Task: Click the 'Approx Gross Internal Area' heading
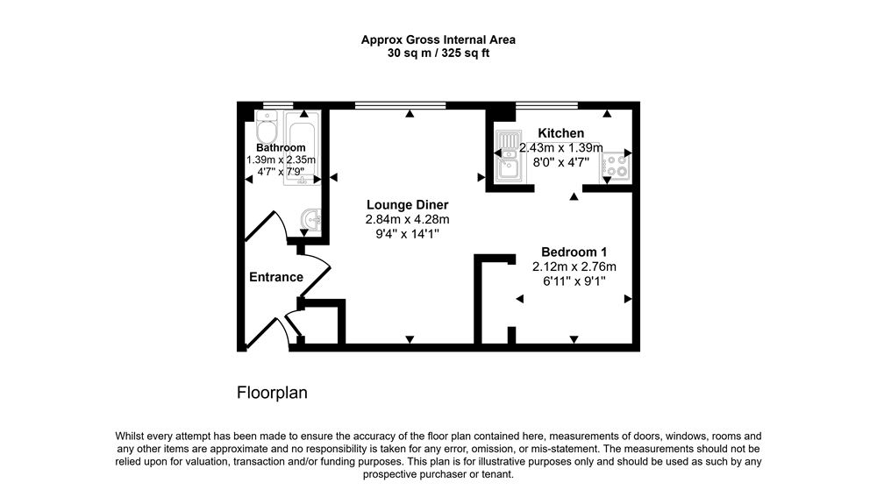click(x=438, y=39)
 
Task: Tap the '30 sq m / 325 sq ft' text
click(x=438, y=53)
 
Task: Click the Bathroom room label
click(x=280, y=147)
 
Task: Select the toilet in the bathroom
click(x=267, y=128)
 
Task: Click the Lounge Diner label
click(x=407, y=204)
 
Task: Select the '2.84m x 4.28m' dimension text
click(x=407, y=219)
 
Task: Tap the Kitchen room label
click(x=561, y=133)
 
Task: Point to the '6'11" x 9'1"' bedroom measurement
click(x=574, y=280)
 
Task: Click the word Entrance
click(x=276, y=277)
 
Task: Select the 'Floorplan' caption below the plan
click(x=272, y=393)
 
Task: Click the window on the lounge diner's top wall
click(x=400, y=106)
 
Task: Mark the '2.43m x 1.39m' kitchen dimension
click(x=561, y=148)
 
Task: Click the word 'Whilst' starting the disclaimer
click(x=132, y=436)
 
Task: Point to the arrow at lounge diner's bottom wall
click(x=409, y=339)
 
